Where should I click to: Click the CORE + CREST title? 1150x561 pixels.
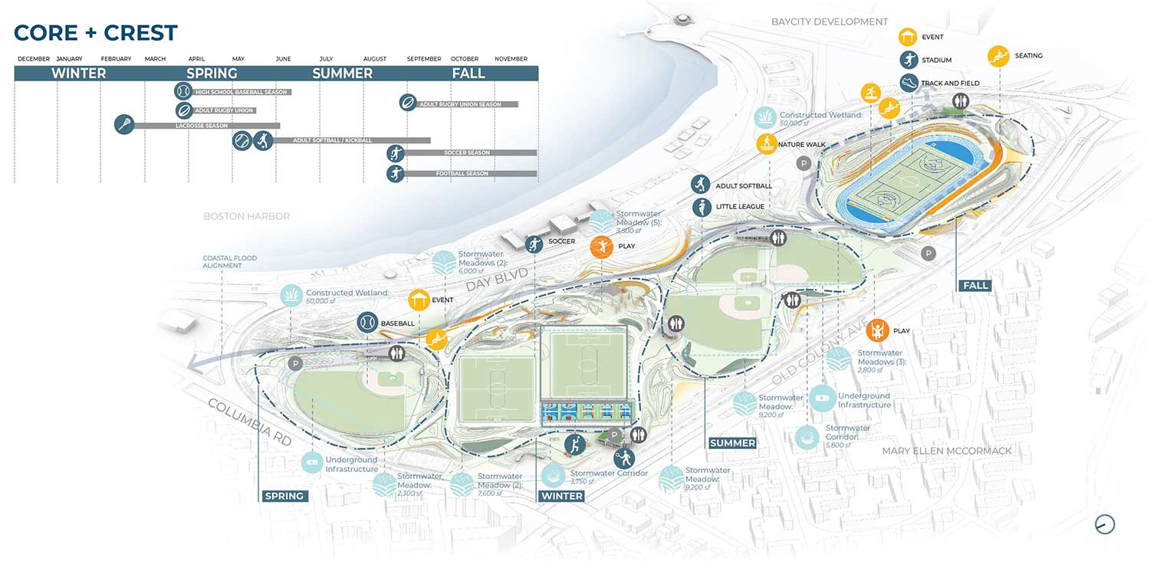click(96, 33)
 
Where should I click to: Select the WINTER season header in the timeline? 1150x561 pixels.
click(78, 74)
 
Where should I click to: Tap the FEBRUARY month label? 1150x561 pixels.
click(116, 59)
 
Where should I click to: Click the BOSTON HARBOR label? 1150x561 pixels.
click(246, 217)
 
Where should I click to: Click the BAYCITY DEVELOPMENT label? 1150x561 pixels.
click(830, 21)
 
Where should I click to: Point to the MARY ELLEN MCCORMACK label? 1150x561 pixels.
click(947, 451)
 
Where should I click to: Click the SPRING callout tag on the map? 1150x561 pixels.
click(284, 496)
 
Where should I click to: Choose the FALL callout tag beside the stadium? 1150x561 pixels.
click(974, 285)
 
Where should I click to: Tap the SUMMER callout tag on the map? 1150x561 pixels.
click(732, 443)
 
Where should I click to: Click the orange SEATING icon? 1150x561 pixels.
click(998, 56)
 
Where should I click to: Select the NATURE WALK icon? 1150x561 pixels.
click(767, 143)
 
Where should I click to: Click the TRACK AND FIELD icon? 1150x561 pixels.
click(909, 83)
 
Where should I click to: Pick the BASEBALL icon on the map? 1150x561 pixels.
click(367, 323)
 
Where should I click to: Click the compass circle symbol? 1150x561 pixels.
click(1105, 524)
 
